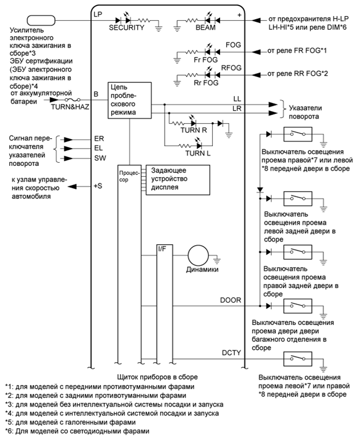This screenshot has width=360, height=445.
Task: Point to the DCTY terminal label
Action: click(x=230, y=353)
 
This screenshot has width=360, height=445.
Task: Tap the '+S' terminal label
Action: click(x=98, y=186)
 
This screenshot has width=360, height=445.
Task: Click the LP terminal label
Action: click(x=97, y=14)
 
